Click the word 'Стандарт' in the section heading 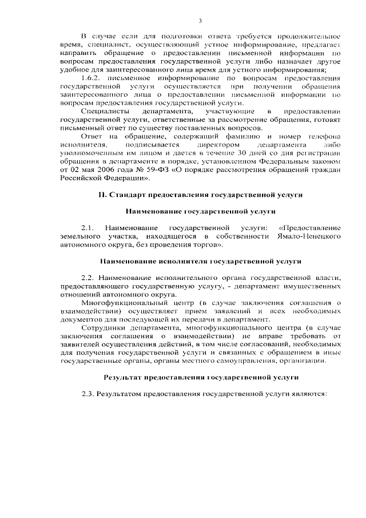[126, 195]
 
